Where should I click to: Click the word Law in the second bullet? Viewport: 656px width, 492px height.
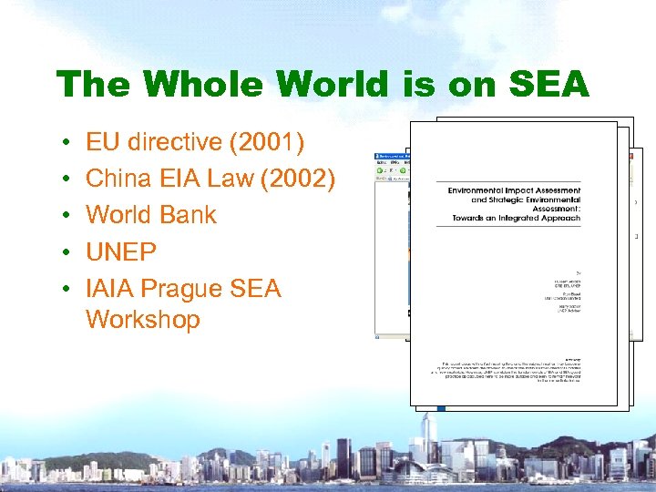tap(229, 179)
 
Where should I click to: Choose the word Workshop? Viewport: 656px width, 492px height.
tap(142, 320)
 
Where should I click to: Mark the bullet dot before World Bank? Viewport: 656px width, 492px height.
tap(67, 216)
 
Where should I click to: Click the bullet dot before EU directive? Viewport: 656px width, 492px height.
tap(67, 143)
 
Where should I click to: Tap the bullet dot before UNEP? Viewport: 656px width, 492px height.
tap(67, 252)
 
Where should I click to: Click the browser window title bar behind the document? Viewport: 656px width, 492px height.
tap(393, 156)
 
